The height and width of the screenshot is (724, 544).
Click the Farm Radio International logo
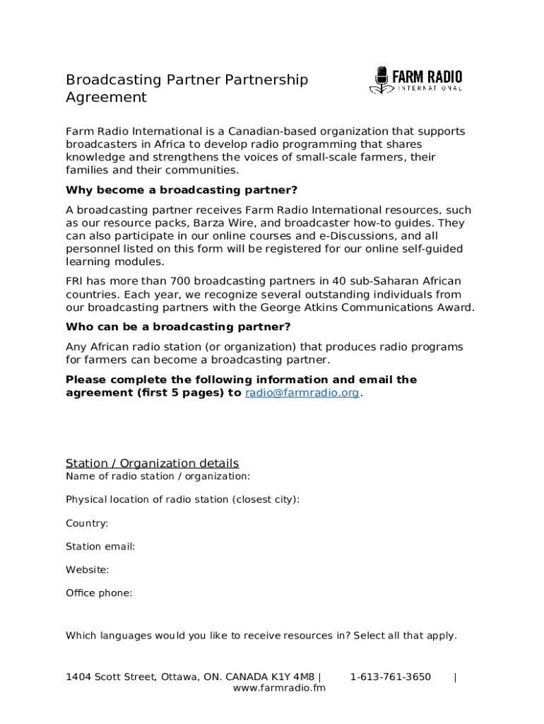pos(415,81)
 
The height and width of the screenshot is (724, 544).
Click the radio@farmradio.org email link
pos(302,393)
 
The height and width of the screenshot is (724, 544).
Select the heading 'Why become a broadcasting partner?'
pos(182,190)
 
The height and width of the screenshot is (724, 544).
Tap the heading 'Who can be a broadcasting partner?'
pos(178,327)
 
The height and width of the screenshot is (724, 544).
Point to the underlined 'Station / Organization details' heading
pos(152,463)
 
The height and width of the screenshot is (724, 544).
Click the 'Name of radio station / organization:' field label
pos(158,477)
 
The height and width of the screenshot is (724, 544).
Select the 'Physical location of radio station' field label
pos(182,500)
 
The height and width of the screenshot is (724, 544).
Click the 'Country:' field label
pos(87,523)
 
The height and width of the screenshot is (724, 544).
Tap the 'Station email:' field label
pos(100,547)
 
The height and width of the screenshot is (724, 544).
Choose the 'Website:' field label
pos(87,570)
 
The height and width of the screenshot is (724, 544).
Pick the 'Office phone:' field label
pos(99,593)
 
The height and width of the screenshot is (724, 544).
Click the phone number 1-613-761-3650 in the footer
pos(390,677)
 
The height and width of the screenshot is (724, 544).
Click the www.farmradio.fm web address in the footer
pos(279,689)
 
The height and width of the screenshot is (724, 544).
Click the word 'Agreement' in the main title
pos(106,98)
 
